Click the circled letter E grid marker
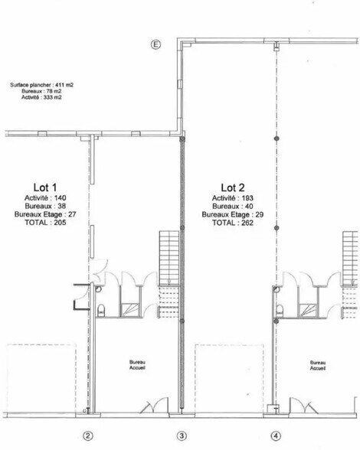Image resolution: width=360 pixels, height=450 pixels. [155, 44]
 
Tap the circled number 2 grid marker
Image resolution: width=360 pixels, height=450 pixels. [87, 436]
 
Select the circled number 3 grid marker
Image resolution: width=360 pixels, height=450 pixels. [182, 436]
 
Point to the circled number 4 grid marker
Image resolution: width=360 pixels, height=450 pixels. [276, 436]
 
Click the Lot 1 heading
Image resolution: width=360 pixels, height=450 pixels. [45, 187]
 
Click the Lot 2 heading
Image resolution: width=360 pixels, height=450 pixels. [233, 187]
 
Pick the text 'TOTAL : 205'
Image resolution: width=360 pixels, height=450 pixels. [45, 223]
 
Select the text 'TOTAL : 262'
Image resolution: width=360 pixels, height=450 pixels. [233, 223]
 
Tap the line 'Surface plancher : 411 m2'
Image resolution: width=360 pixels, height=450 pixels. [41, 85]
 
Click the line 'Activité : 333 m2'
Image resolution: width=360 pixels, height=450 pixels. [41, 97]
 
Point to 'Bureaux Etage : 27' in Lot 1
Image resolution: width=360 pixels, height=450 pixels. [45, 214]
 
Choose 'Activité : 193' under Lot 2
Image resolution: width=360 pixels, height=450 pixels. [233, 198]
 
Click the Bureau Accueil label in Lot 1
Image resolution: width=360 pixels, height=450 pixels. [137, 365]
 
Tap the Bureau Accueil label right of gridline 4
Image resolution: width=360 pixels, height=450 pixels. [318, 365]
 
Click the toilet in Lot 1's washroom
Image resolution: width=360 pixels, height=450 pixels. [101, 311]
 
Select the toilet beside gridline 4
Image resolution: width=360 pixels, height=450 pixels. [280, 311]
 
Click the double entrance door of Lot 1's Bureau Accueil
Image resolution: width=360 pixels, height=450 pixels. [154, 406]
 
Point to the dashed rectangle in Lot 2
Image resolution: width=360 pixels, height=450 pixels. [229, 378]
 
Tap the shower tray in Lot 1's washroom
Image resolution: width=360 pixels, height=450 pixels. [130, 309]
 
